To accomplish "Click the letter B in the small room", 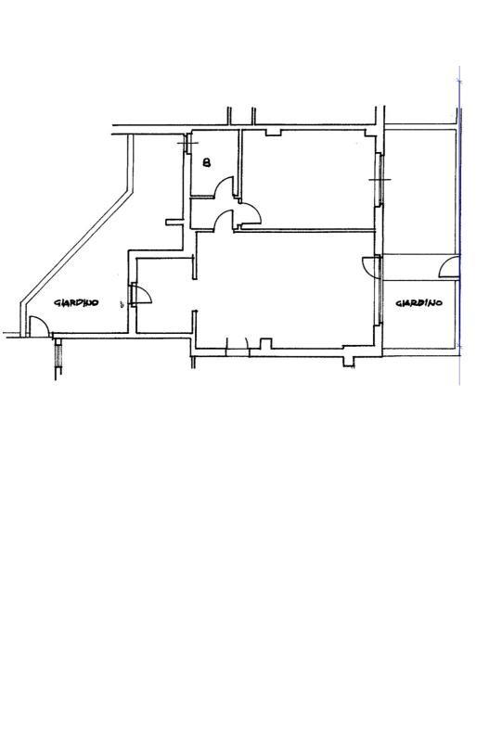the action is tap(207, 163).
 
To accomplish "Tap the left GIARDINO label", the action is tap(76, 303).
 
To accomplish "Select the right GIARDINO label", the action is tap(418, 303).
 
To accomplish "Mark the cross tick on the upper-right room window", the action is tap(380, 180).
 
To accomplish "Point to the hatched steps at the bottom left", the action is tap(58, 354).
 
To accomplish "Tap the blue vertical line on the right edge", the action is tap(459, 225).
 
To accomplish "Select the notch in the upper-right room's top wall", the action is tap(273, 132).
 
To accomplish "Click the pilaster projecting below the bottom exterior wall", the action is tap(349, 362).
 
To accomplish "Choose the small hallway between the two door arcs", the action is tap(212, 213).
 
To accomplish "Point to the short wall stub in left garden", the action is tap(174, 222).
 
